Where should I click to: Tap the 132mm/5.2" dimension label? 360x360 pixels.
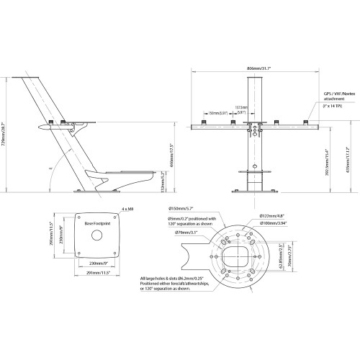pos(164,185)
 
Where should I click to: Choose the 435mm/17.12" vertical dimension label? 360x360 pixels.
pos(345,156)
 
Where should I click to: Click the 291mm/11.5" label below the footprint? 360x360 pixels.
pos(94,273)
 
